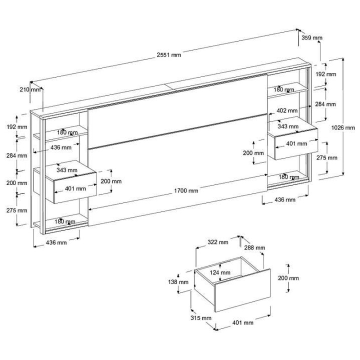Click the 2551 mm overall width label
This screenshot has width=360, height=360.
click(x=169, y=55)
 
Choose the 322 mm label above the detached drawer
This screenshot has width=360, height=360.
click(x=218, y=242)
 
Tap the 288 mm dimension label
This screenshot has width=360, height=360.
click(x=255, y=247)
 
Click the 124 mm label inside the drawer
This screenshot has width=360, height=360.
click(x=220, y=272)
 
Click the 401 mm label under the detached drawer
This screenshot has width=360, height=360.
click(x=242, y=322)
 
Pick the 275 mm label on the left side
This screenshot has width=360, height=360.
click(x=17, y=210)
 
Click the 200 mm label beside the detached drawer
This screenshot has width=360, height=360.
click(x=288, y=278)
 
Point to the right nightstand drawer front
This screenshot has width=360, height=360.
click(x=295, y=143)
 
